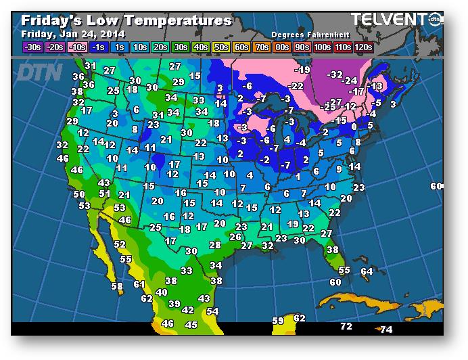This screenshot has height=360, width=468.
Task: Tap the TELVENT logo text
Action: [x=390, y=19]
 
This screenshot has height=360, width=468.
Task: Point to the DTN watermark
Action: [x=40, y=71]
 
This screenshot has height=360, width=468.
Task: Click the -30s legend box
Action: [x=32, y=47]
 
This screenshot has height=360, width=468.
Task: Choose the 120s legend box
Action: [x=363, y=47]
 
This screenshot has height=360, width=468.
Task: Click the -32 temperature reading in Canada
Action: [x=335, y=74]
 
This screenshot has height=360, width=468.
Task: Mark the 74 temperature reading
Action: [x=386, y=330]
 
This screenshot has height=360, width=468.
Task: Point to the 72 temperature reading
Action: [x=346, y=327]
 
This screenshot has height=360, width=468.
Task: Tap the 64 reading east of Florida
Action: [x=367, y=271]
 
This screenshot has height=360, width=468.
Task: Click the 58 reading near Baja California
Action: [x=117, y=287]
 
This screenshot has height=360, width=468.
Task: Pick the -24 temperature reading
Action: [x=350, y=81]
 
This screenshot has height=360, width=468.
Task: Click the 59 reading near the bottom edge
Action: [x=278, y=321]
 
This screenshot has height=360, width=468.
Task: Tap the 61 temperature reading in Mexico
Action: [x=139, y=284]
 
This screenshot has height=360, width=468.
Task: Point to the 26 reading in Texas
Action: [x=235, y=237]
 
